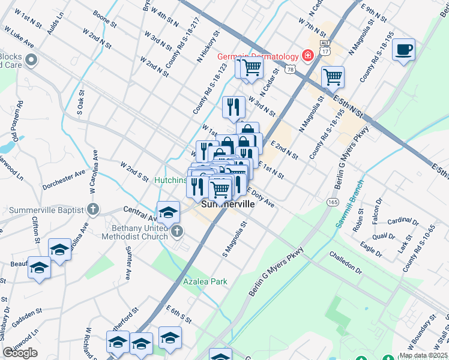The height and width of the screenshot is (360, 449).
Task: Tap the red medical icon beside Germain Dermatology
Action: [307, 56]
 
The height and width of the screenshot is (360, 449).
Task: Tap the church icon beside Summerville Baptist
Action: [91, 209]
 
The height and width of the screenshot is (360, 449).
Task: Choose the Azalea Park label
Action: [205, 281]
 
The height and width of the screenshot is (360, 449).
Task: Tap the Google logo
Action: [20, 353]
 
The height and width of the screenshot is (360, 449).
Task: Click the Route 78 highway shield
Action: [291, 70]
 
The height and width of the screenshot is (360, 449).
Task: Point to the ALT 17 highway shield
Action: [325, 48]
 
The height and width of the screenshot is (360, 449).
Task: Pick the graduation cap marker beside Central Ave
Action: [169, 212]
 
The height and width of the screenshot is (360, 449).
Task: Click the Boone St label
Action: [104, 20]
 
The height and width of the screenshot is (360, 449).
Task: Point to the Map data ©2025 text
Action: [423, 355]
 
